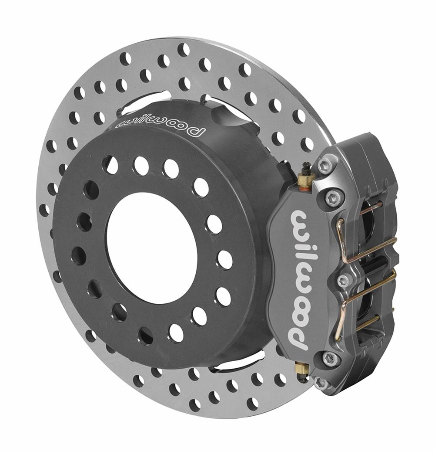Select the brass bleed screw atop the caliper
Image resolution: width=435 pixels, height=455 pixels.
tap(306, 177)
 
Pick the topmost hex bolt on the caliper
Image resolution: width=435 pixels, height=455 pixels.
tap(325, 165)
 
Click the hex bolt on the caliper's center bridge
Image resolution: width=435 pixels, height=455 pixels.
tap(344, 281)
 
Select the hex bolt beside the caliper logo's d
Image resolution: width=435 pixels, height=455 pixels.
tap(330, 358)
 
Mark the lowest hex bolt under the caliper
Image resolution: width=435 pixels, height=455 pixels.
tap(321, 383)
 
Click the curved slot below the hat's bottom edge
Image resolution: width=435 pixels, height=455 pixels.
tap(237, 361)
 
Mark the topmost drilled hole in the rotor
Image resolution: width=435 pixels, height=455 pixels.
tap(184, 49)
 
